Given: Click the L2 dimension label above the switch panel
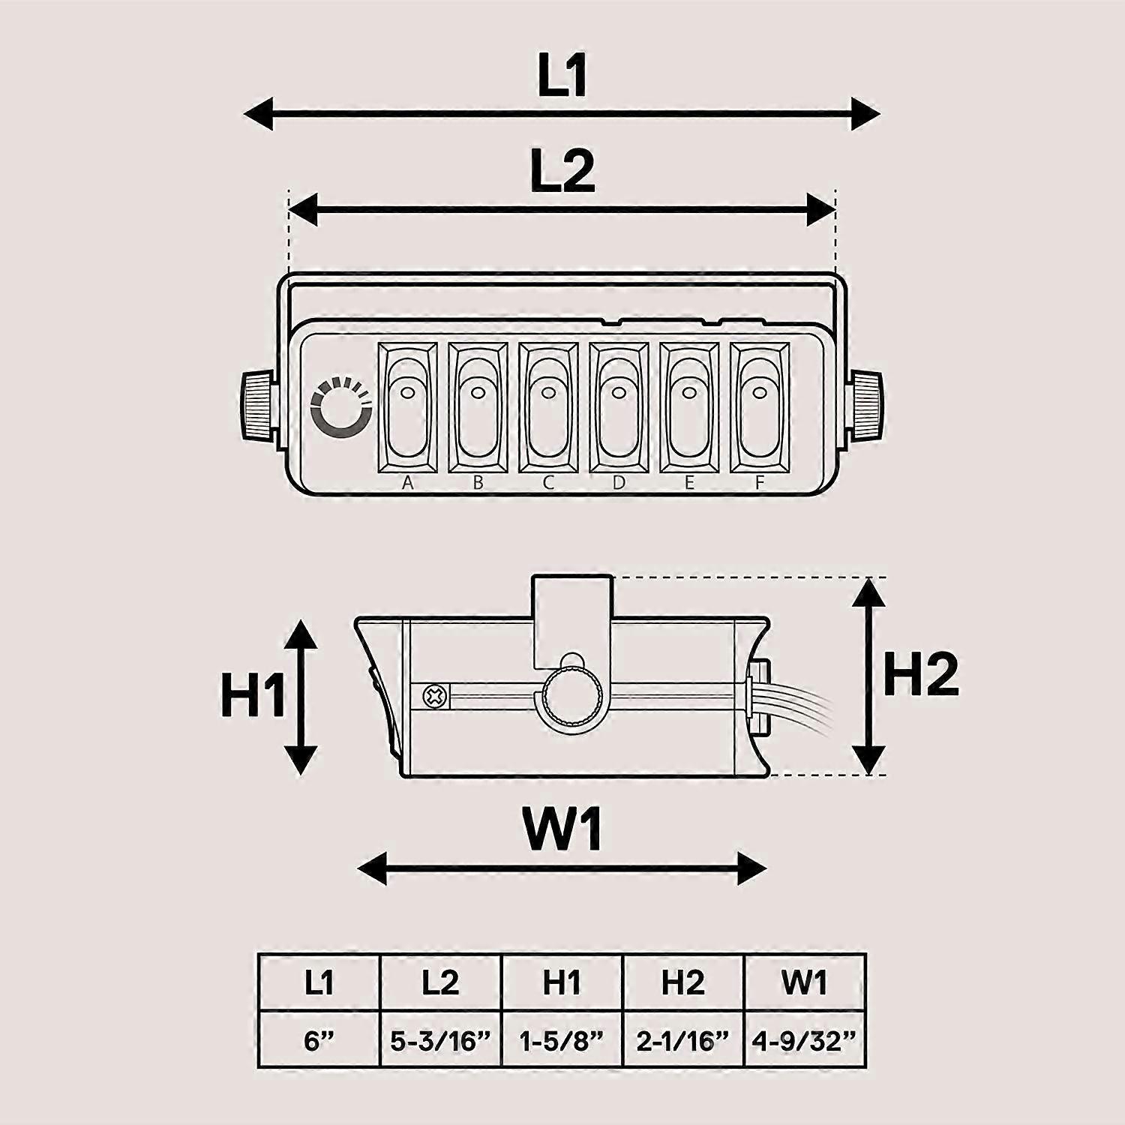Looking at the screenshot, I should (x=562, y=171).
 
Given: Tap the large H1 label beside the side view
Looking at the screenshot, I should (x=253, y=695).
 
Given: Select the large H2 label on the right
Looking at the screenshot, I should (x=921, y=674).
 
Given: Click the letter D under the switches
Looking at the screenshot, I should (x=618, y=483).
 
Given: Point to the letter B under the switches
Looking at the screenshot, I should (x=478, y=483).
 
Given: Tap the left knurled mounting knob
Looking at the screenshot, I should (x=259, y=406).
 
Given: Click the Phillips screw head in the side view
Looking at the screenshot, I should (x=434, y=697).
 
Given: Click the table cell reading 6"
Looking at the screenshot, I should (x=319, y=1039).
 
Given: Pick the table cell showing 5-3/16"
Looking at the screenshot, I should (x=440, y=1039).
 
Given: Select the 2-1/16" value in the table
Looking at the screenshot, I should (x=682, y=1039).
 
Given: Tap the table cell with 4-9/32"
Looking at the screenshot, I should (x=804, y=1039).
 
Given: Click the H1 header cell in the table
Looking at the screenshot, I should (x=562, y=982).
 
